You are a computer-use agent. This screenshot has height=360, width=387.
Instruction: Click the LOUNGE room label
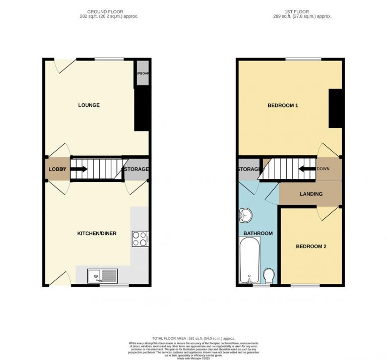click(89, 105)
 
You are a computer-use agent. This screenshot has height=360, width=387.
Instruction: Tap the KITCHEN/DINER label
click(97, 233)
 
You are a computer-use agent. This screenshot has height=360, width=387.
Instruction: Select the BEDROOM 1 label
click(283, 106)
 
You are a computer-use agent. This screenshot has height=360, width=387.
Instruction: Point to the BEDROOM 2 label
click(311, 247)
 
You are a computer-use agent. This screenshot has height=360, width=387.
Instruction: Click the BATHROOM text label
click(258, 233)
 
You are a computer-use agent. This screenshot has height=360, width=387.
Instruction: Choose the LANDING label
click(311, 194)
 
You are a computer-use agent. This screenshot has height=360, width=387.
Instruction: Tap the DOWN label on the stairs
click(323, 169)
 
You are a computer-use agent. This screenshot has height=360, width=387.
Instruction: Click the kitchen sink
click(102, 276)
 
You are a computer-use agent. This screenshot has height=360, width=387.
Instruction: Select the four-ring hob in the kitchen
click(140, 238)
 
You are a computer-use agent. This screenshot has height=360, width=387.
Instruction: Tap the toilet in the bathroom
click(269, 276)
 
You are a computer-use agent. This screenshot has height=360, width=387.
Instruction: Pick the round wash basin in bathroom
click(245, 215)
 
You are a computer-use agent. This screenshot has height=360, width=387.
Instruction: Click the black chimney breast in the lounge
click(142, 109)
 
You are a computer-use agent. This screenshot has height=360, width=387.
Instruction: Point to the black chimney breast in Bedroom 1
click(335, 108)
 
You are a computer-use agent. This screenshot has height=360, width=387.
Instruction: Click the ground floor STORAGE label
click(136, 169)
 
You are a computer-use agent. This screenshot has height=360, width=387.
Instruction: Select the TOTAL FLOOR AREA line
click(193, 338)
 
